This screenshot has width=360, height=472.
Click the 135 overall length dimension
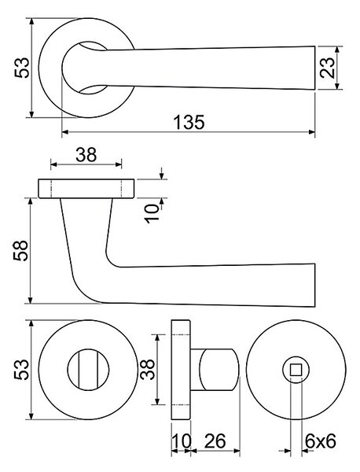(x=189, y=122)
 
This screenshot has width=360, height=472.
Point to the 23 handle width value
(x=327, y=68)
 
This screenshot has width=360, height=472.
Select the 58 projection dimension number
(x=20, y=250)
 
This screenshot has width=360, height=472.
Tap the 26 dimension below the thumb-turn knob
(x=215, y=441)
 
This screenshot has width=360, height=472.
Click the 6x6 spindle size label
(x=320, y=441)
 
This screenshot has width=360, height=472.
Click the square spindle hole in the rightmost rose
(x=296, y=370)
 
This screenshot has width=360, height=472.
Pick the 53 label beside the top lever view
(x=22, y=68)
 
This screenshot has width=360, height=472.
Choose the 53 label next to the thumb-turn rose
(x=22, y=370)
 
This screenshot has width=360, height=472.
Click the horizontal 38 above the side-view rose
(x=86, y=155)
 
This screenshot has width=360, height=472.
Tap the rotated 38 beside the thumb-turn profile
(x=148, y=370)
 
